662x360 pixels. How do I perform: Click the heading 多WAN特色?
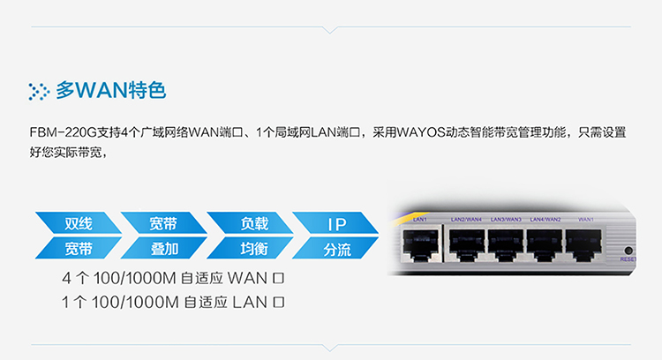[x=111, y=90]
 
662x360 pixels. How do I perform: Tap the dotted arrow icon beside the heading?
[x=39, y=91]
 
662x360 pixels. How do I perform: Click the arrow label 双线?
[x=79, y=223]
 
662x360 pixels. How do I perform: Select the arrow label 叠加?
[x=165, y=249]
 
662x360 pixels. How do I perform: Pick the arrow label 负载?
[x=254, y=223]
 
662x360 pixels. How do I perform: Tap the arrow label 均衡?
[x=254, y=249]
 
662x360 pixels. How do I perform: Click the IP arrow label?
[x=337, y=224]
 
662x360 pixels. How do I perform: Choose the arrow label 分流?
[x=337, y=250]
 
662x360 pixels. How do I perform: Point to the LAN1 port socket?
[x=420, y=245]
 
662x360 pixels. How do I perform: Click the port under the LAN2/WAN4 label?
[x=467, y=245]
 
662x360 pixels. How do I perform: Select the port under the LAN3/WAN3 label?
[x=506, y=245]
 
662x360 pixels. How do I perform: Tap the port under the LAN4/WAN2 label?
[x=545, y=245]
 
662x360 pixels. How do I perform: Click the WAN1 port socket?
[x=583, y=245]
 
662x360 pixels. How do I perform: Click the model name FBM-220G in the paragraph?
[x=64, y=132]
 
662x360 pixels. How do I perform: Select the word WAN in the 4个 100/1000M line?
[x=247, y=278]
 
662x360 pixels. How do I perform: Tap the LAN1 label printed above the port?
[x=419, y=220]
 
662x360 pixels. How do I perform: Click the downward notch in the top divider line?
[x=330, y=30]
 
